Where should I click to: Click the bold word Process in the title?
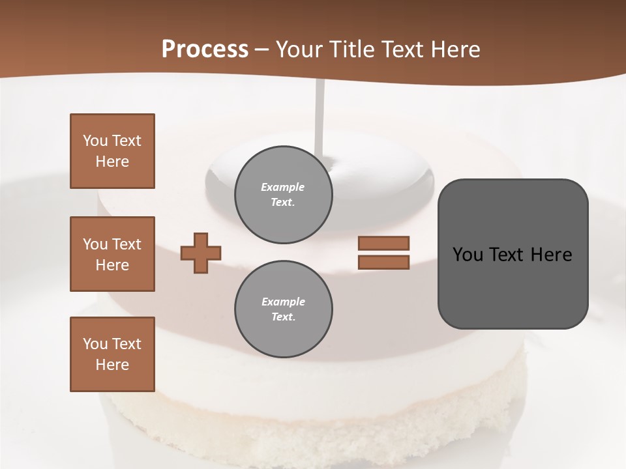tap(205, 50)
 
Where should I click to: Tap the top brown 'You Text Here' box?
tap(112, 151)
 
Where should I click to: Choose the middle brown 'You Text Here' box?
tap(112, 254)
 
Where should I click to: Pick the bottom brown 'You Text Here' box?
tap(112, 354)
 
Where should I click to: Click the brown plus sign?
tap(201, 253)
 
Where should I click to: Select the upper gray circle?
tap(283, 195)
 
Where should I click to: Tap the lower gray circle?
tap(283, 309)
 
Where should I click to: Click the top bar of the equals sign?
tap(383, 243)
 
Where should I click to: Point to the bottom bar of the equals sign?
tap(383, 263)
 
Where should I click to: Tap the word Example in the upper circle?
tap(283, 187)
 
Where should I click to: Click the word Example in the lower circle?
tap(283, 302)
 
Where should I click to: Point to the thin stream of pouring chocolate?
tap(319, 117)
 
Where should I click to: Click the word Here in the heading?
tap(455, 50)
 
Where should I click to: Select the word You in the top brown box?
tap(95, 141)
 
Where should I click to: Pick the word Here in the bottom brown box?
tap(112, 365)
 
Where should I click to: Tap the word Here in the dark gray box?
tap(552, 255)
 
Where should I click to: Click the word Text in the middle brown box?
tap(127, 244)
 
